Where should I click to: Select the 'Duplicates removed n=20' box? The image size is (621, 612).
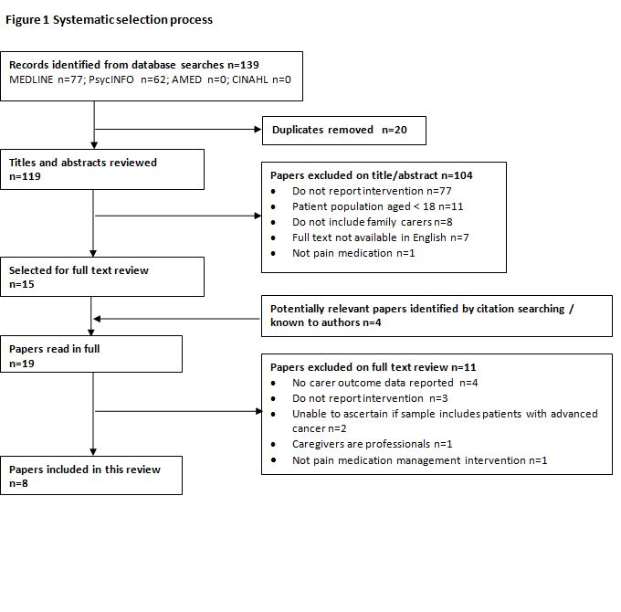tap(343, 131)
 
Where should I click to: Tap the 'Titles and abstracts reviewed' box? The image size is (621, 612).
tap(103, 169)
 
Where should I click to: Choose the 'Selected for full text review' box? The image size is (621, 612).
tap(103, 277)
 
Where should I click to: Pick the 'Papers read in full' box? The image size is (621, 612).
tap(92, 355)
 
